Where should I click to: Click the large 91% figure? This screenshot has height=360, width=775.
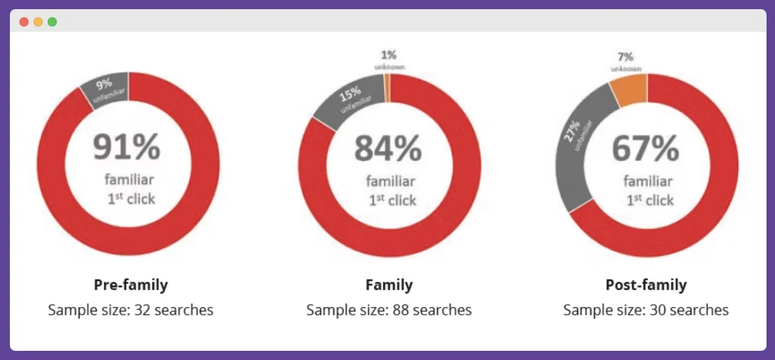click(127, 147)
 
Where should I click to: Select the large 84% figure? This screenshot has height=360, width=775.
click(387, 148)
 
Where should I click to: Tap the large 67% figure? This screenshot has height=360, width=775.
click(645, 148)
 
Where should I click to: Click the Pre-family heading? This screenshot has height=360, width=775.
click(131, 285)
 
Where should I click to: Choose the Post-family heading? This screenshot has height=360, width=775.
click(646, 285)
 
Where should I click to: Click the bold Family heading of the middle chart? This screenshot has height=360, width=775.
click(389, 285)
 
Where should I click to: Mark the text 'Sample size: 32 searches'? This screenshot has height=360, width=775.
click(131, 310)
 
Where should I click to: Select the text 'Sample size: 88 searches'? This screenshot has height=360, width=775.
click(389, 310)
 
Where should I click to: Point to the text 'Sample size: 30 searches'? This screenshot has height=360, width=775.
click(646, 310)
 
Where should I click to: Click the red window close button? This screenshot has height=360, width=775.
click(24, 22)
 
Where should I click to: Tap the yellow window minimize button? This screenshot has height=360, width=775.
click(38, 22)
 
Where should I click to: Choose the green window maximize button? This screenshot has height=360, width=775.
click(52, 22)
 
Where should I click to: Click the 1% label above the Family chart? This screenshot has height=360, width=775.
click(389, 54)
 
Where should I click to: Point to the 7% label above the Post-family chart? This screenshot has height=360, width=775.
click(625, 56)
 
